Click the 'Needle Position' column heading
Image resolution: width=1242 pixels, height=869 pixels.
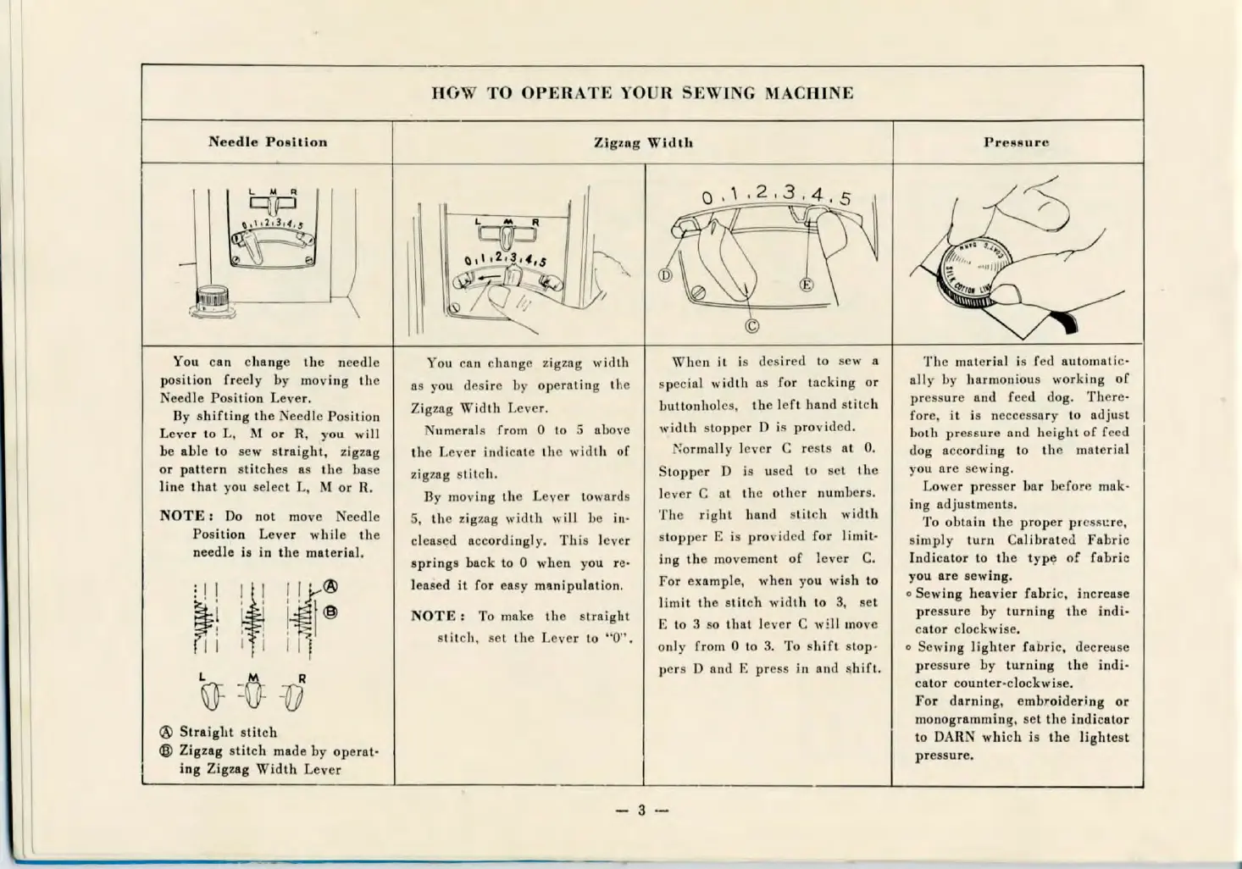coord(268,141)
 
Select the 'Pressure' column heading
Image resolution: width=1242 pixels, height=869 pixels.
coord(1016,142)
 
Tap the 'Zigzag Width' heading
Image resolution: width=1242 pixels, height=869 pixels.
coord(643,142)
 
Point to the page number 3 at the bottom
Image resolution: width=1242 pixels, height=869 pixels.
coord(641,811)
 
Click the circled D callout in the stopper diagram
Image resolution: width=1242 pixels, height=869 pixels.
coord(665,275)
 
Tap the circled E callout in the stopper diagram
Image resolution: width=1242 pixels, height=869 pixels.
coord(807,285)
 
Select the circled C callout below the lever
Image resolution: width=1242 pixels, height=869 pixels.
coord(751,327)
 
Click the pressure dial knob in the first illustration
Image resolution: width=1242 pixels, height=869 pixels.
coord(212,300)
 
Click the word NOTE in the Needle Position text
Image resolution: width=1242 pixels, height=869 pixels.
coord(182,516)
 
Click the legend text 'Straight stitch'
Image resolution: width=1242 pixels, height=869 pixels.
coord(228,732)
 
